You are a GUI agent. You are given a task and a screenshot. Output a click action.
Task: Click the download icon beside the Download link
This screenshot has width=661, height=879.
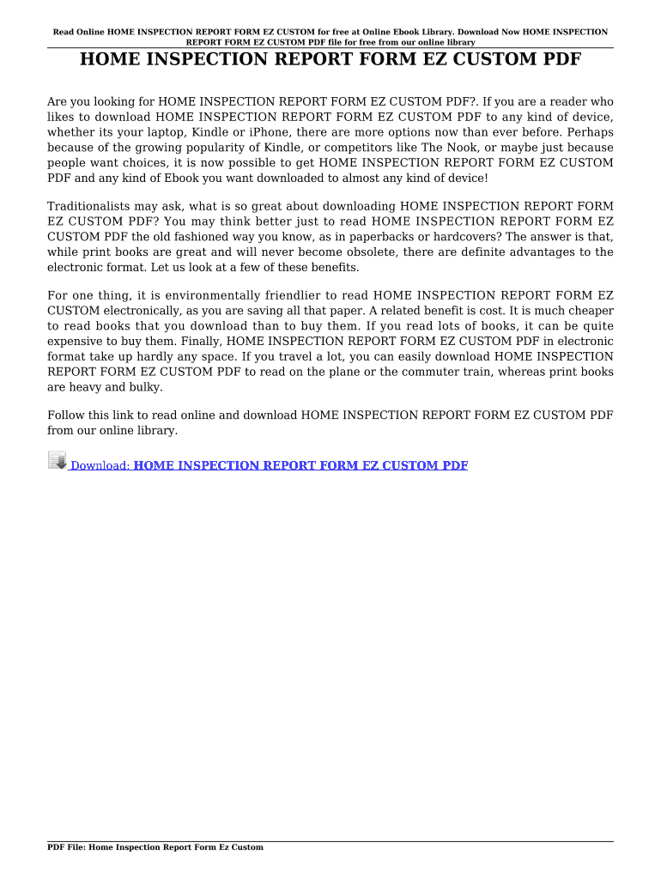(x=57, y=461)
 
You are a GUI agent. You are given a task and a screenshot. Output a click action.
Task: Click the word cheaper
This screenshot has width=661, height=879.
(x=589, y=311)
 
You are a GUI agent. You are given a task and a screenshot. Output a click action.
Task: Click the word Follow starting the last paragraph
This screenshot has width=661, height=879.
(x=66, y=415)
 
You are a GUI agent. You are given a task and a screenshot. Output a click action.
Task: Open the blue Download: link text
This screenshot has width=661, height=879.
(x=100, y=466)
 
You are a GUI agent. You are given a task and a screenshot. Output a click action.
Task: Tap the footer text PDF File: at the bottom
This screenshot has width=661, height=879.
(x=66, y=847)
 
